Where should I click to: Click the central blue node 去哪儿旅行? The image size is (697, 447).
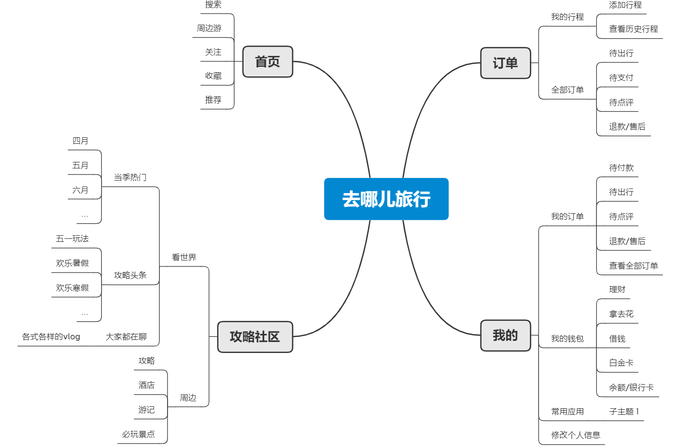[x=386, y=199]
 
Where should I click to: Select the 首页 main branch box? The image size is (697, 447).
[x=267, y=62]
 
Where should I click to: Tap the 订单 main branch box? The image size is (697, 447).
[x=505, y=63]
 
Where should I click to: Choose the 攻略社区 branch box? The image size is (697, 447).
[x=255, y=337]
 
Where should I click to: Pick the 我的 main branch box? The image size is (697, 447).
[x=505, y=335]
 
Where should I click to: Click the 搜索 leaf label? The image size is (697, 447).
[x=213, y=5]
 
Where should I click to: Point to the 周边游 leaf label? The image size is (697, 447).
[x=209, y=28]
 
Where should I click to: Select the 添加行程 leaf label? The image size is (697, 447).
[x=625, y=5]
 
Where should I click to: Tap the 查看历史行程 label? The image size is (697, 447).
[x=633, y=29]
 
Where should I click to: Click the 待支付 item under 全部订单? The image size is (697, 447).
[x=621, y=78]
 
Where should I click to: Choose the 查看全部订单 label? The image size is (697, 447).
[x=633, y=265]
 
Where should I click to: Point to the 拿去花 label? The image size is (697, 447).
[x=621, y=314]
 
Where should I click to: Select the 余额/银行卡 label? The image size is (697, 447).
[x=631, y=388]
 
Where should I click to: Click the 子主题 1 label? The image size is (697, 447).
[x=624, y=412]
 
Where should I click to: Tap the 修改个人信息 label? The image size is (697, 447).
[x=575, y=435]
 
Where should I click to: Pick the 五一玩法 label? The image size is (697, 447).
[x=72, y=239]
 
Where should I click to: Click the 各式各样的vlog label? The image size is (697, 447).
[x=51, y=337]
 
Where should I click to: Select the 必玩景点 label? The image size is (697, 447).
[x=138, y=434]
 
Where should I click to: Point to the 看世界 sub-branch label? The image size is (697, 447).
[x=184, y=257]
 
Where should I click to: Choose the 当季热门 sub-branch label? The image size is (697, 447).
[x=130, y=177]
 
